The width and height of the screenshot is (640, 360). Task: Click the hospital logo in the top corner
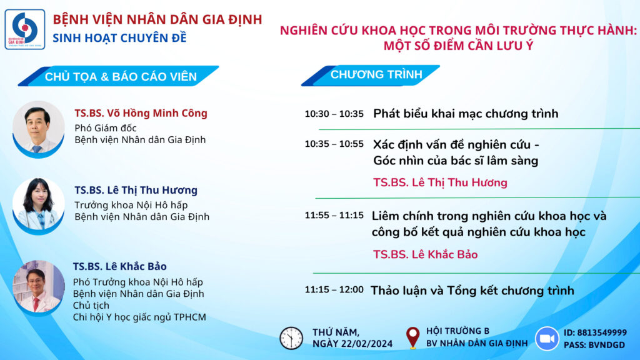[24, 29]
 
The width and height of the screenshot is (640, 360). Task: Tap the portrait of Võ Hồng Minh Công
[38, 129]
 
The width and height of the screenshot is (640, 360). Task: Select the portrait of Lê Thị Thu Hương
[38, 206]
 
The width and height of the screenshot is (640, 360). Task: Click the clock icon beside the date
[291, 338]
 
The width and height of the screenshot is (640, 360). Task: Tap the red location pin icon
[412, 338]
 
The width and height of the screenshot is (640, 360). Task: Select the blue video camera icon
[547, 338]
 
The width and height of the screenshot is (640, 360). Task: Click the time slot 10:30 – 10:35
[334, 114]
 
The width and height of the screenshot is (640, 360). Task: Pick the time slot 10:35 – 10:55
[334, 144]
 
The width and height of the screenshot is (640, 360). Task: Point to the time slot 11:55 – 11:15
[334, 216]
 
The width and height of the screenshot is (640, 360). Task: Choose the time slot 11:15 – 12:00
[334, 290]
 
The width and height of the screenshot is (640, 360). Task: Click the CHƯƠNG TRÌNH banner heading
[376, 75]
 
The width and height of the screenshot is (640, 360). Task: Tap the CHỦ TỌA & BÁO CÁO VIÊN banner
[121, 77]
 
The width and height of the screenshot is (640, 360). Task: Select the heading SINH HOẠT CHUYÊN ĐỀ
[119, 38]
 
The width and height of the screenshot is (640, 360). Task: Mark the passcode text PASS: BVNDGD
[594, 345]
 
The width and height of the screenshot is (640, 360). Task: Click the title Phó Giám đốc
[105, 128]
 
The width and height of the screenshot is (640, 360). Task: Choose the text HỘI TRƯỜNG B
[457, 331]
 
